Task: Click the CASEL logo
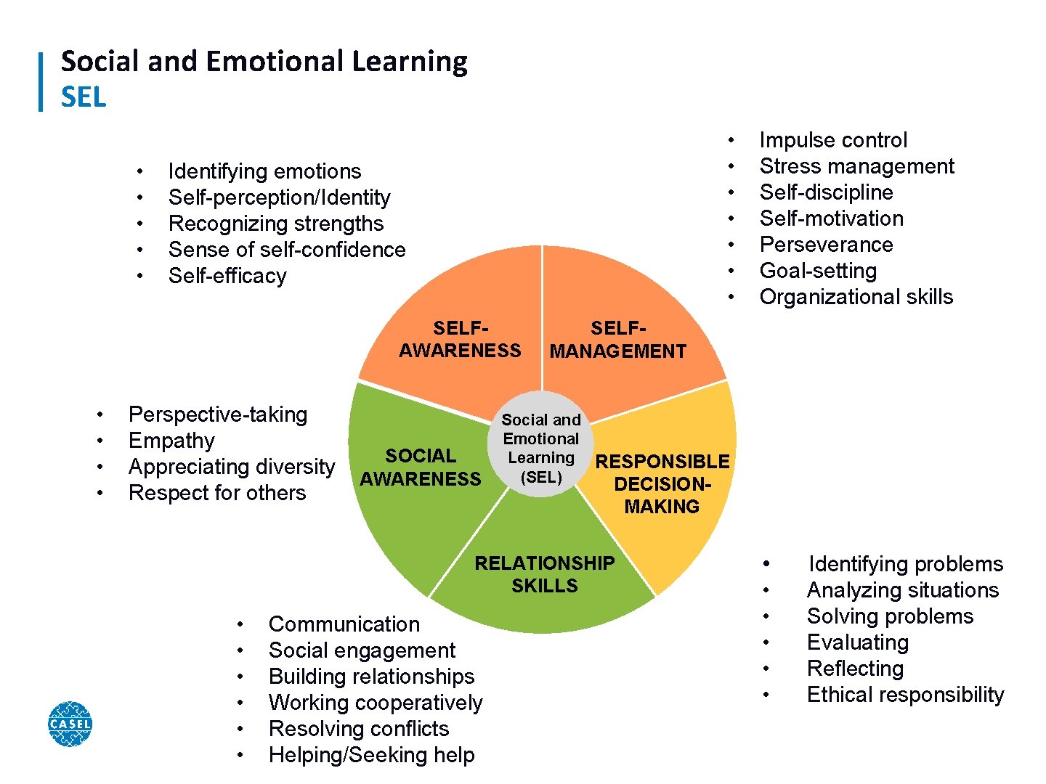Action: point(70,724)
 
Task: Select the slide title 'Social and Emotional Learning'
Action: point(264,62)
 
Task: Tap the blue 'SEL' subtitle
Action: point(84,97)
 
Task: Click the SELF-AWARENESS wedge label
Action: point(460,340)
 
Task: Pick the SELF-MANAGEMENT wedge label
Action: point(617,340)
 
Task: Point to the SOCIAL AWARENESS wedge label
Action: point(421,467)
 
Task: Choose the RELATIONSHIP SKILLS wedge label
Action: point(544,574)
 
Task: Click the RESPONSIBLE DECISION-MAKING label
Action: point(662,484)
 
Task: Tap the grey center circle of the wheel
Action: point(541,444)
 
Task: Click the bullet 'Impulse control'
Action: point(833,140)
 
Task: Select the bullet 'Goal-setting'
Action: point(818,271)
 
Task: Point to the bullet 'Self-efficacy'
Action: point(227,276)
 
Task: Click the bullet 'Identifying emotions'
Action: point(264,171)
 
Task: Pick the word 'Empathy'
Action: point(171,441)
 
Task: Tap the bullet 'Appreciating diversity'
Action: point(232,467)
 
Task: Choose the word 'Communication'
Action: point(344,624)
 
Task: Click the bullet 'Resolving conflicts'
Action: point(359,729)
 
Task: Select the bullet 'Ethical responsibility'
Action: point(905,695)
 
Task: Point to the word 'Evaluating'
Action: point(857,642)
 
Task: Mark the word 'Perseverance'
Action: point(826,245)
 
